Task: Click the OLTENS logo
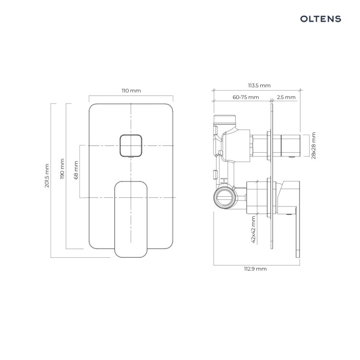(321, 19)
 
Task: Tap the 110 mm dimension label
(131, 91)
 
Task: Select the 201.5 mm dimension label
(47, 176)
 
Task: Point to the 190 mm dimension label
(62, 169)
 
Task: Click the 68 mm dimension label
(76, 170)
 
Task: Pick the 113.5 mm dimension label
(259, 85)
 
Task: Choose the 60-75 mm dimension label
(246, 97)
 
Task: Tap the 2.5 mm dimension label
(286, 97)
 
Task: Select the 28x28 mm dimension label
(313, 145)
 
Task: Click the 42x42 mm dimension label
(253, 229)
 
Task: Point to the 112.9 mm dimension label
(255, 269)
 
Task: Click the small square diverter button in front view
(131, 146)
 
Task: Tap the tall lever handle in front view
(131, 219)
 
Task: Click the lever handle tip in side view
(298, 253)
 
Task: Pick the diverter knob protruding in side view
(291, 145)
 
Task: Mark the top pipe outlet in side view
(225, 119)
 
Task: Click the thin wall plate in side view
(272, 176)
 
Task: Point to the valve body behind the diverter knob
(236, 145)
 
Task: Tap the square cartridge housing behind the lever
(257, 197)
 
